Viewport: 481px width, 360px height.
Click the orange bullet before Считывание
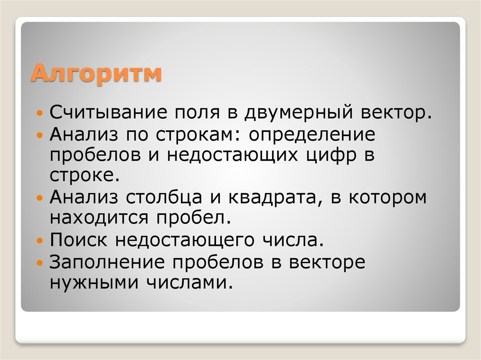pos(40,114)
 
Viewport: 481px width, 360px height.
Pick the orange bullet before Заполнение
pos(40,262)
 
